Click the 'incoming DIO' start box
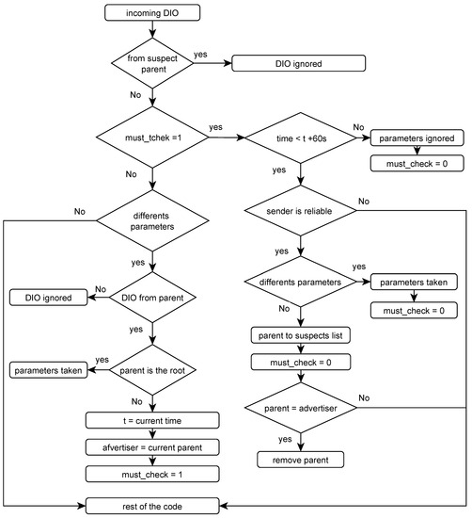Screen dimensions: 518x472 (x=152, y=14)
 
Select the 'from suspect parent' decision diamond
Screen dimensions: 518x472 (x=152, y=65)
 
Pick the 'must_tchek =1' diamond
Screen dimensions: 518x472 (x=152, y=138)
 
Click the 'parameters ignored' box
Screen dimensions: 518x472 (x=416, y=139)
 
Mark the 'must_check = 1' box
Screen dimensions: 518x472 (x=152, y=473)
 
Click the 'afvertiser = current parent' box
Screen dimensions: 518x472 (x=152, y=446)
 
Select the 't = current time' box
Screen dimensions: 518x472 (x=152, y=420)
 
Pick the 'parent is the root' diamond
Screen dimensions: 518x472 (x=152, y=370)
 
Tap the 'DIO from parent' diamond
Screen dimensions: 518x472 (x=152, y=298)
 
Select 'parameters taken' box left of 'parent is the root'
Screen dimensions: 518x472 (x=47, y=370)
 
